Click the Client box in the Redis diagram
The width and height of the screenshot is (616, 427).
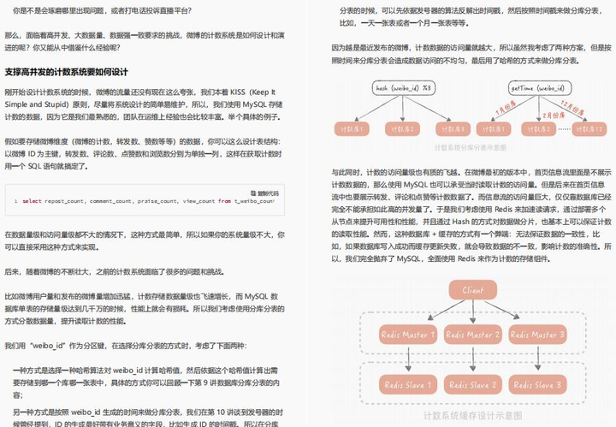pyautogui.click(x=471, y=292)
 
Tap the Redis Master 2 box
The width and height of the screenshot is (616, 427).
pyautogui.click(x=472, y=335)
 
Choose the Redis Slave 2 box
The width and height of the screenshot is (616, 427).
pyautogui.click(x=472, y=385)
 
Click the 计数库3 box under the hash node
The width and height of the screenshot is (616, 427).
pyautogui.click(x=444, y=129)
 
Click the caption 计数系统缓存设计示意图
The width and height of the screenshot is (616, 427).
pyautogui.click(x=471, y=415)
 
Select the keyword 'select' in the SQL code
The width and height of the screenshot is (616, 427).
pyautogui.click(x=32, y=201)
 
